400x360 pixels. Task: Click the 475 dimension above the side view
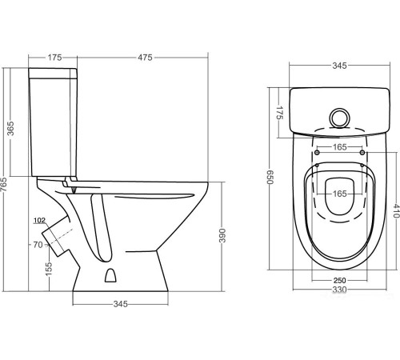tap(145, 58)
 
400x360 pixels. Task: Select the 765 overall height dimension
tap(4, 184)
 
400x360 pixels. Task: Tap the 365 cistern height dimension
tap(10, 128)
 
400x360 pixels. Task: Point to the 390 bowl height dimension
tap(222, 235)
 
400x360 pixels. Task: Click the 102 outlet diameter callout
tap(39, 220)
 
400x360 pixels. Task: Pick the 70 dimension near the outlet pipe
tap(38, 245)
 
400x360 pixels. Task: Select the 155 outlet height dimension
tap(49, 270)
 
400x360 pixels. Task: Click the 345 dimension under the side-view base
tap(121, 304)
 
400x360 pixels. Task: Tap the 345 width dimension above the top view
tap(339, 66)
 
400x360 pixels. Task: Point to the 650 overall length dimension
tap(270, 177)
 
